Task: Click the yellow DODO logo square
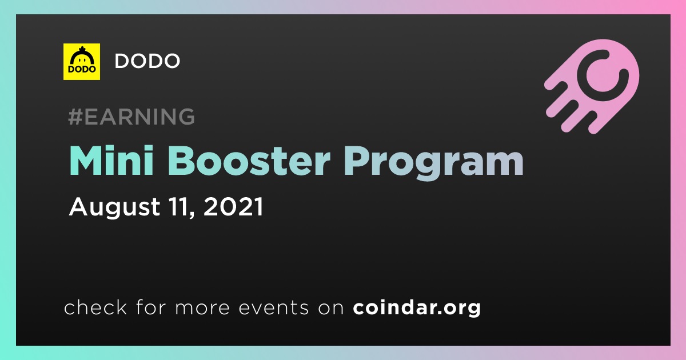point(81,62)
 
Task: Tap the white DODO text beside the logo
point(147,61)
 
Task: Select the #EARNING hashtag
point(131,117)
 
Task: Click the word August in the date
point(114,207)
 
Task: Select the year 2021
point(233,207)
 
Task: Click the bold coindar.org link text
point(417,307)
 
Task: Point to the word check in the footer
point(95,307)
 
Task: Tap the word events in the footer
point(273,307)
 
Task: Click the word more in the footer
point(202,308)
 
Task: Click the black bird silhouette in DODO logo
point(82,57)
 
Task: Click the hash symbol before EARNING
point(75,117)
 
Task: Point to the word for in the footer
point(151,307)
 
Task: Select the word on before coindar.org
point(331,308)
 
